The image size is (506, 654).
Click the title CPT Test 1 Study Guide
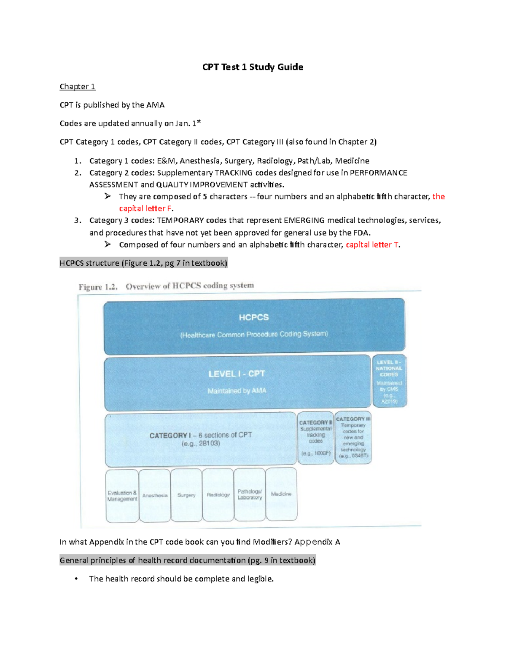(x=253, y=67)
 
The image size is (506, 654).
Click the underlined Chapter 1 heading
(x=77, y=87)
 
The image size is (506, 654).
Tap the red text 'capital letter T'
(x=372, y=245)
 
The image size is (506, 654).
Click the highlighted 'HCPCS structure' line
(x=143, y=263)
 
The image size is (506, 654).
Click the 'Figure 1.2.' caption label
(x=98, y=287)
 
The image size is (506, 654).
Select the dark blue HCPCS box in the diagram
(x=254, y=326)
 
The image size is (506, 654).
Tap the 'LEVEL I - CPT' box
(x=237, y=382)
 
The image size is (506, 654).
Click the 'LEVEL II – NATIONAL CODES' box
(x=389, y=381)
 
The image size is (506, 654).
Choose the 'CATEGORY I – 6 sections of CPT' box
(x=200, y=439)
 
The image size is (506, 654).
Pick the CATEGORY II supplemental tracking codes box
(x=315, y=438)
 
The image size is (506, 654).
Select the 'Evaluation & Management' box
(x=122, y=496)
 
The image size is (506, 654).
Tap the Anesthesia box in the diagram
(x=155, y=496)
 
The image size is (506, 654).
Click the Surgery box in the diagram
(x=186, y=495)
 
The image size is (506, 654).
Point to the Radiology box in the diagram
(x=218, y=495)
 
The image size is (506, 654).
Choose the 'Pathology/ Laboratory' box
(x=250, y=494)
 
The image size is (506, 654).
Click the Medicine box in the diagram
(x=281, y=494)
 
